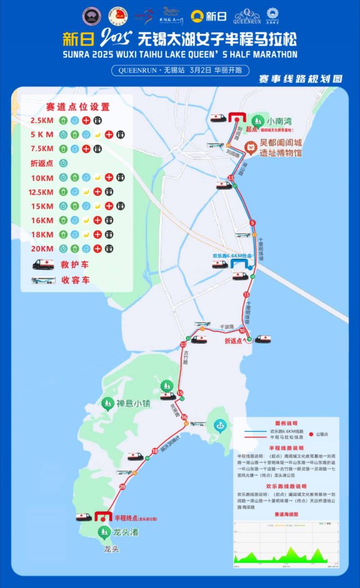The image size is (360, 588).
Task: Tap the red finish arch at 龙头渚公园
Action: click(103, 516)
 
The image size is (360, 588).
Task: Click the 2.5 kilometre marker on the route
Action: click(231, 178)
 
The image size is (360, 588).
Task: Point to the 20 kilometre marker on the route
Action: click(122, 486)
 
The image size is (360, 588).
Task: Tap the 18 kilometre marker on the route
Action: click(155, 451)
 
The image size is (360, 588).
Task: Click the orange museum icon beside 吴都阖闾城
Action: click(250, 146)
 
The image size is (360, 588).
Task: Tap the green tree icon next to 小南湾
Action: click(258, 121)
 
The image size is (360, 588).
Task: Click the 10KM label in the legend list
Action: click(42, 178)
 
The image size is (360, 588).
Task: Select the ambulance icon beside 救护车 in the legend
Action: click(43, 265)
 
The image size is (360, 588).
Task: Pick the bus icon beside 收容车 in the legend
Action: click(43, 280)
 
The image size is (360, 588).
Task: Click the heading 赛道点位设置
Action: click(78, 107)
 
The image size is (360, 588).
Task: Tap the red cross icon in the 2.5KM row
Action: click(86, 120)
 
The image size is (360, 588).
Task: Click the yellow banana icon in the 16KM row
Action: click(86, 220)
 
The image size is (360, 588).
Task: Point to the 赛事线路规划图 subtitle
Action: click(301, 79)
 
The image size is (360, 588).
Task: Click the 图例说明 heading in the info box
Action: click(286, 423)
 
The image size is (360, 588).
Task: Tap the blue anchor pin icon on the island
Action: click(220, 425)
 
